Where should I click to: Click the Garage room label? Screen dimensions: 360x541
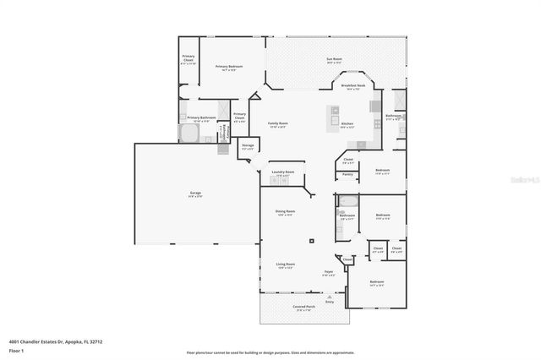tap(195, 195)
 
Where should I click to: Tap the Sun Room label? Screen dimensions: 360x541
tap(334, 59)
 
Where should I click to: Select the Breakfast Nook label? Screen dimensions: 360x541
tap(353, 85)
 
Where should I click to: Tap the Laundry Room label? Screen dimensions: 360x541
tap(283, 172)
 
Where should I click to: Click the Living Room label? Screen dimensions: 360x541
tap(285, 265)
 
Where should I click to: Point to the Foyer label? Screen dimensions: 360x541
tap(328, 271)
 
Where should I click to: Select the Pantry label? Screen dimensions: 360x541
tap(347, 174)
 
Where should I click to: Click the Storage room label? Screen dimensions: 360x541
tap(248, 146)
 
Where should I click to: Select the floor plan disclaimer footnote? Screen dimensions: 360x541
tap(270, 352)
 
